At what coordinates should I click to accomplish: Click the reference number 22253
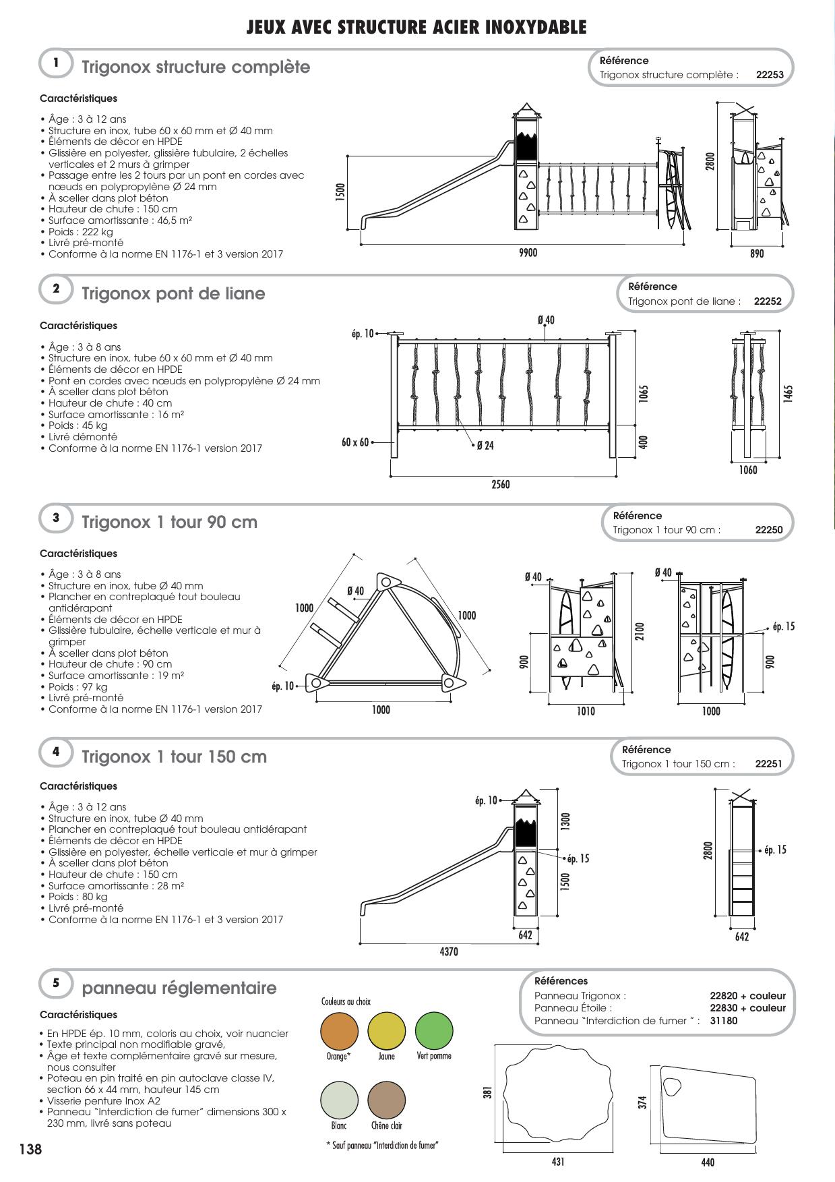(x=770, y=75)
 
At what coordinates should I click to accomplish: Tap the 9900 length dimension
(x=528, y=253)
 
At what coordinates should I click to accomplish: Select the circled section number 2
(x=57, y=289)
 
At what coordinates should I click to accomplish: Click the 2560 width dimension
(x=501, y=485)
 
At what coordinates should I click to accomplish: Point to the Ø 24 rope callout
(x=485, y=446)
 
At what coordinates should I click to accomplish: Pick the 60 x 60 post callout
(x=355, y=442)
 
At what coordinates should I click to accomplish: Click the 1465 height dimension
(x=788, y=394)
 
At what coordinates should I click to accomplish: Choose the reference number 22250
(x=769, y=530)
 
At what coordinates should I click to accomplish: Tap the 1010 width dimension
(x=586, y=711)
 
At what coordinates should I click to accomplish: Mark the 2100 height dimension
(x=640, y=631)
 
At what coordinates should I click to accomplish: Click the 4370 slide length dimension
(x=449, y=951)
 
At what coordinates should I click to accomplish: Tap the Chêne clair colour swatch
(x=386, y=1100)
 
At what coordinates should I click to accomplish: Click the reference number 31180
(x=724, y=1021)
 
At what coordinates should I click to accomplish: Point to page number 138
(x=30, y=1149)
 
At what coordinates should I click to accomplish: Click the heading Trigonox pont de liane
(x=173, y=294)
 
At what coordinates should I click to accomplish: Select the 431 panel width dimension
(x=558, y=1161)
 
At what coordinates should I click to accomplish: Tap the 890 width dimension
(x=757, y=254)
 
